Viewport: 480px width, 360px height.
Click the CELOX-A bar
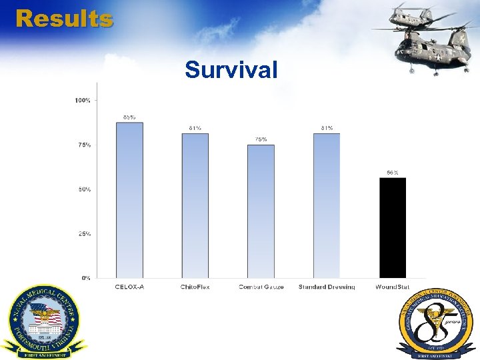click(129, 200)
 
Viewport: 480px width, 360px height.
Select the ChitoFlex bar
click(195, 205)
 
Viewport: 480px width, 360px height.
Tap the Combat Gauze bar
click(261, 211)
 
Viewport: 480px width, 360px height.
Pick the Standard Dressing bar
click(327, 205)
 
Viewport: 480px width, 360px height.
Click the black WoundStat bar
click(393, 227)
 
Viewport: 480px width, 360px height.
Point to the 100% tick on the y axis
click(83, 101)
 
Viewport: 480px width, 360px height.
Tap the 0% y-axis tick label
click(85, 278)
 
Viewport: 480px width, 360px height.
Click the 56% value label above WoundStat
click(393, 173)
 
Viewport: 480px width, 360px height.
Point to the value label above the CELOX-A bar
click(129, 117)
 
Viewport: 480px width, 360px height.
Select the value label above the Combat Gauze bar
click(261, 139)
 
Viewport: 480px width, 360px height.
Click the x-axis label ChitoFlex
click(195, 287)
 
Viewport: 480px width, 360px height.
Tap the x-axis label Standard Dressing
click(327, 287)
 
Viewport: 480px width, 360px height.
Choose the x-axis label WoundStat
click(393, 287)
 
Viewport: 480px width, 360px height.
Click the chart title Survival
click(231, 69)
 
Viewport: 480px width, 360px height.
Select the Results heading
click(64, 18)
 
